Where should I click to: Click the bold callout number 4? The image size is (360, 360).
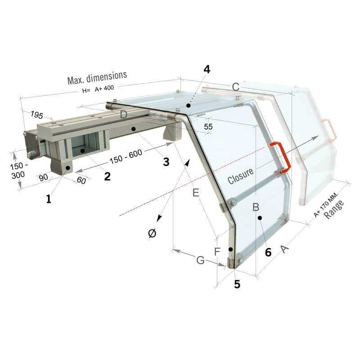207,69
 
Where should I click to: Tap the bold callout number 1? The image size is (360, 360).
49,199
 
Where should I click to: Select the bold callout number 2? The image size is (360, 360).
107,176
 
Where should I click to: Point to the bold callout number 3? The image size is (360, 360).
166,162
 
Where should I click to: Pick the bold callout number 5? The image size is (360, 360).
237,284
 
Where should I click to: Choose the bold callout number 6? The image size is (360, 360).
268,252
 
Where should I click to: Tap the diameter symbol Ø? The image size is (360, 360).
152,234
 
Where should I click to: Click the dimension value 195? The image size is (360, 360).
37,115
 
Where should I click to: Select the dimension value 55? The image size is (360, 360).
208,126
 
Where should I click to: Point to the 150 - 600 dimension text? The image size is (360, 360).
126,157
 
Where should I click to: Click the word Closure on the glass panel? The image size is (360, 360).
241,176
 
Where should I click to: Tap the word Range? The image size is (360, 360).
334,209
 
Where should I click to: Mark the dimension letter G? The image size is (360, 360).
200,260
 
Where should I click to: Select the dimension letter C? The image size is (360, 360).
236,87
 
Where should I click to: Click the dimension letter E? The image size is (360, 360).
196,193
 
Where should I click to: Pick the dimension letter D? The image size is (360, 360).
123,115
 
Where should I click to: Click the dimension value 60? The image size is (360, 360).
81,180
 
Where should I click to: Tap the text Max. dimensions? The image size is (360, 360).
97,77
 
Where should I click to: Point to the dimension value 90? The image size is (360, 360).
43,177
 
